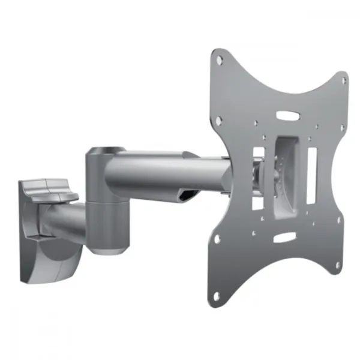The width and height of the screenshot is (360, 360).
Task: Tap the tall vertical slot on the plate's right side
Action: pyautogui.click(x=311, y=175)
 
